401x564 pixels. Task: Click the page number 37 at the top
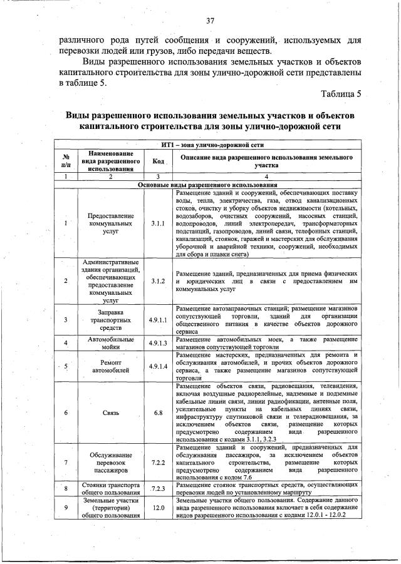click(211, 21)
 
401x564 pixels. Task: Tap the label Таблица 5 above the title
click(341, 95)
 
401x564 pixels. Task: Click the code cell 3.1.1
click(157, 223)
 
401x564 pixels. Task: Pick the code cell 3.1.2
click(157, 281)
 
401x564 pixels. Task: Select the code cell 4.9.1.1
click(157, 320)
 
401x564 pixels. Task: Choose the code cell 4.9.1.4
click(157, 366)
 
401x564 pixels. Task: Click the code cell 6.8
click(157, 413)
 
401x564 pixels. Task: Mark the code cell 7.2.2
click(157, 463)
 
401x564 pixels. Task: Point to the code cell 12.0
click(157, 507)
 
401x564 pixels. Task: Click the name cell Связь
click(110, 413)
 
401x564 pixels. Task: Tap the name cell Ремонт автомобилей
click(110, 366)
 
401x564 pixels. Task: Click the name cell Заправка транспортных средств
click(110, 320)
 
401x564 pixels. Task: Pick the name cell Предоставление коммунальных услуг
click(110, 223)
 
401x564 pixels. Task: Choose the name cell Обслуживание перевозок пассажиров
click(110, 463)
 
